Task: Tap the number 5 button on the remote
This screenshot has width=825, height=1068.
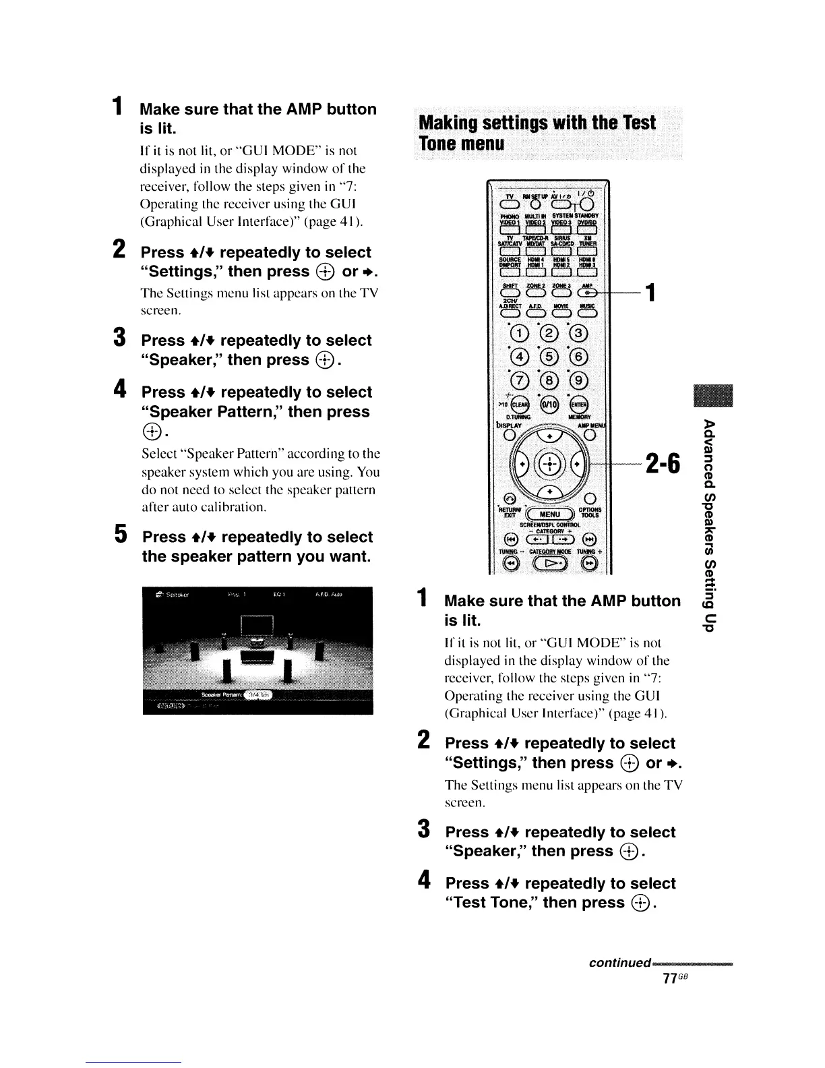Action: [548, 357]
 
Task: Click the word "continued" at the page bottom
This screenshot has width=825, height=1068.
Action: [619, 962]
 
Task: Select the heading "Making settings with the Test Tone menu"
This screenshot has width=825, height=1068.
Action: [537, 133]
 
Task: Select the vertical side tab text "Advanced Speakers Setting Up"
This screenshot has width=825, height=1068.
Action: [707, 525]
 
